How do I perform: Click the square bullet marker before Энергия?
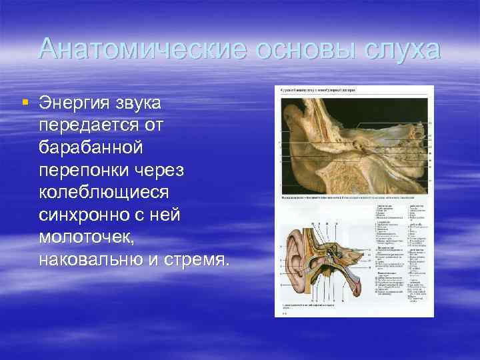25,102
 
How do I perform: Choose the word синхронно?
82,215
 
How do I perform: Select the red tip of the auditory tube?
361,287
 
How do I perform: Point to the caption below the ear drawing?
313,305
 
